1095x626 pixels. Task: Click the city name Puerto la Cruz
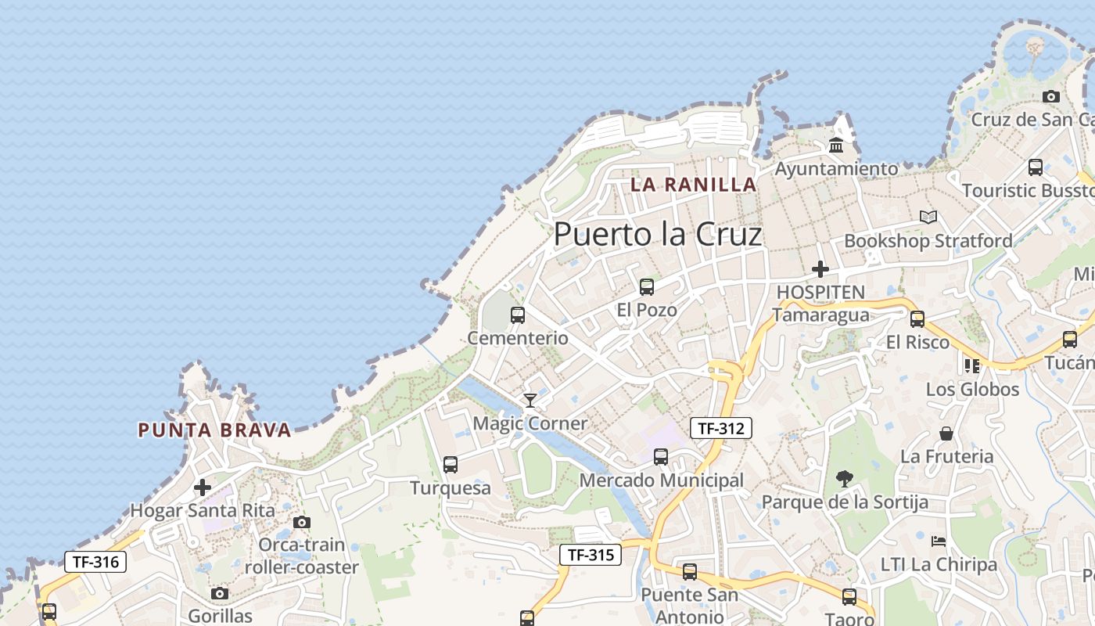[657, 234]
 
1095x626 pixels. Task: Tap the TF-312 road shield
[720, 428]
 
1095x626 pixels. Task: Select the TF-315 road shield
[590, 555]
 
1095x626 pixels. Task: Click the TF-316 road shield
[95, 561]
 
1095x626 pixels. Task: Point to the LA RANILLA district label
[694, 185]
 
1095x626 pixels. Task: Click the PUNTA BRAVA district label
[214, 430]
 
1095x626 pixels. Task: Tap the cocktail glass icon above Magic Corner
[530, 401]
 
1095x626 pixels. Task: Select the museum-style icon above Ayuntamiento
[836, 146]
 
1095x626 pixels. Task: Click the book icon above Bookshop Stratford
[928, 217]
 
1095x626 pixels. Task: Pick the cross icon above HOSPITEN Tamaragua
[820, 269]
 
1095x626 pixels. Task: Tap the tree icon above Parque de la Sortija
[844, 478]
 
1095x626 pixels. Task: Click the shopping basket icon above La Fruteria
[946, 434]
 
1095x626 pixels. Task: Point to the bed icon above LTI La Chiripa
[939, 541]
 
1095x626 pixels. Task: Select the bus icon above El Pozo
[646, 287]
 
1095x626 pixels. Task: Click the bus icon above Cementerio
[517, 315]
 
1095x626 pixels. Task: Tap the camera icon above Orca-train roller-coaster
[302, 522]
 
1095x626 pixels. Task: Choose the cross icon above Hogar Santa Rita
[203, 487]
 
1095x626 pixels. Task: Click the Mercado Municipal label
[661, 480]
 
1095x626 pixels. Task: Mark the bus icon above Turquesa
[451, 465]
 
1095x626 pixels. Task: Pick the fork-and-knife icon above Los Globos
[972, 365]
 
